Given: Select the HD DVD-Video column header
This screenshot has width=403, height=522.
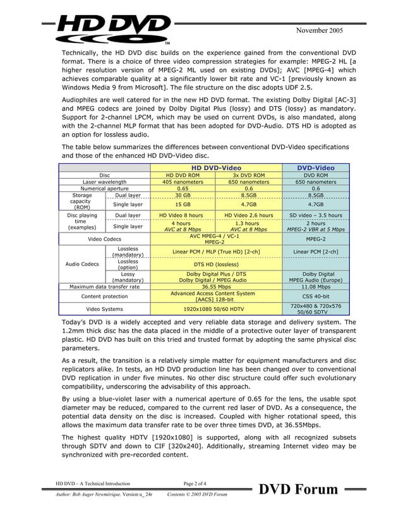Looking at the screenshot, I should (215, 167).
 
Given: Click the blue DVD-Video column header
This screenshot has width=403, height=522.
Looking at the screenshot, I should (315, 167).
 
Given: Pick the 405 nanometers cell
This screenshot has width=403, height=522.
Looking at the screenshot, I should (183, 181).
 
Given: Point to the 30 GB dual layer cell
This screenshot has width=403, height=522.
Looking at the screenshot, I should (183, 195).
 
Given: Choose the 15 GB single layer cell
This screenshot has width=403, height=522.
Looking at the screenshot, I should (183, 205).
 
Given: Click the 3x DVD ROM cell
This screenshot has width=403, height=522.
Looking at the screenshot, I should (248, 174).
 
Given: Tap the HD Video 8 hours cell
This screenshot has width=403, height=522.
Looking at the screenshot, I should (183, 215).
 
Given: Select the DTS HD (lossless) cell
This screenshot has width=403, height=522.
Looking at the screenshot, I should (215, 264).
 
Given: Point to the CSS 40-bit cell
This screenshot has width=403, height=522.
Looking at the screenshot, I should (315, 296).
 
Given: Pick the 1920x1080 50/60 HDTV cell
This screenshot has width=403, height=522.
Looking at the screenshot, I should (215, 309).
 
